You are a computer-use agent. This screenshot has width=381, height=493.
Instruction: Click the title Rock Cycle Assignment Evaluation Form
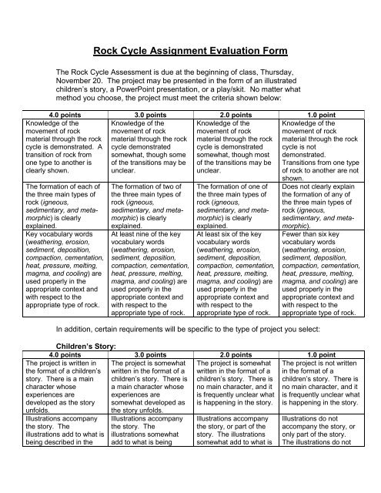coord(190,52)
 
